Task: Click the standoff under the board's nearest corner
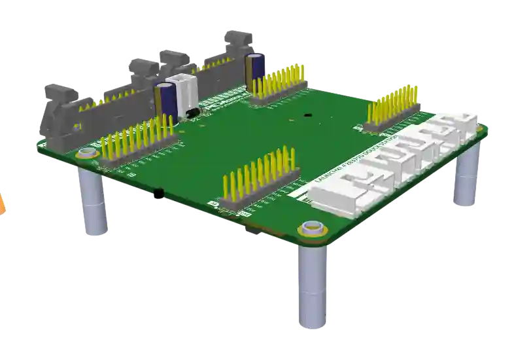coord(311,288)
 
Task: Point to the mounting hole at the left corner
coord(86,154)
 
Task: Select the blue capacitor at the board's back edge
coord(254,69)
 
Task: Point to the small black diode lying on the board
coord(193,115)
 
